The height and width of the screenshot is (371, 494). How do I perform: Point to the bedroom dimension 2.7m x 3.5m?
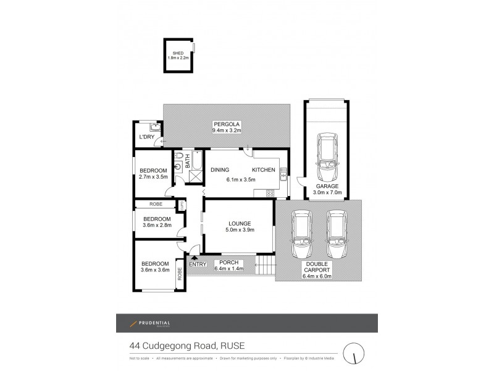pos(153,177)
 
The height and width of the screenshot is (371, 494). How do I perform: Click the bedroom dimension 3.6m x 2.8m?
pos(157,225)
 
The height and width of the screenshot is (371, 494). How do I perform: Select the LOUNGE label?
pos(238,223)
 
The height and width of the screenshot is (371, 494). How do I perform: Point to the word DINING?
pos(220,169)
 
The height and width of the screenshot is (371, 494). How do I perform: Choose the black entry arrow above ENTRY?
pos(195,258)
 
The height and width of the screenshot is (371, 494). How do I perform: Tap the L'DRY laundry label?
pos(146,137)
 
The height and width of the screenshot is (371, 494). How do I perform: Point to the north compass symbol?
pos(354,352)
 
